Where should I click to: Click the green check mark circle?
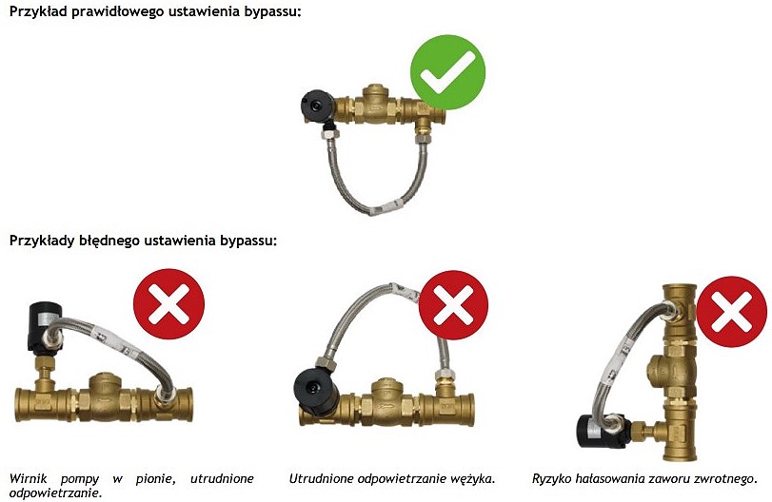tap(447, 72)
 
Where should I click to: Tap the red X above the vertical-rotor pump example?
tap(168, 304)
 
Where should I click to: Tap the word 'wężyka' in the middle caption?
tap(471, 478)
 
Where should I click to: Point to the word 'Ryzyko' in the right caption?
tap(556, 478)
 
